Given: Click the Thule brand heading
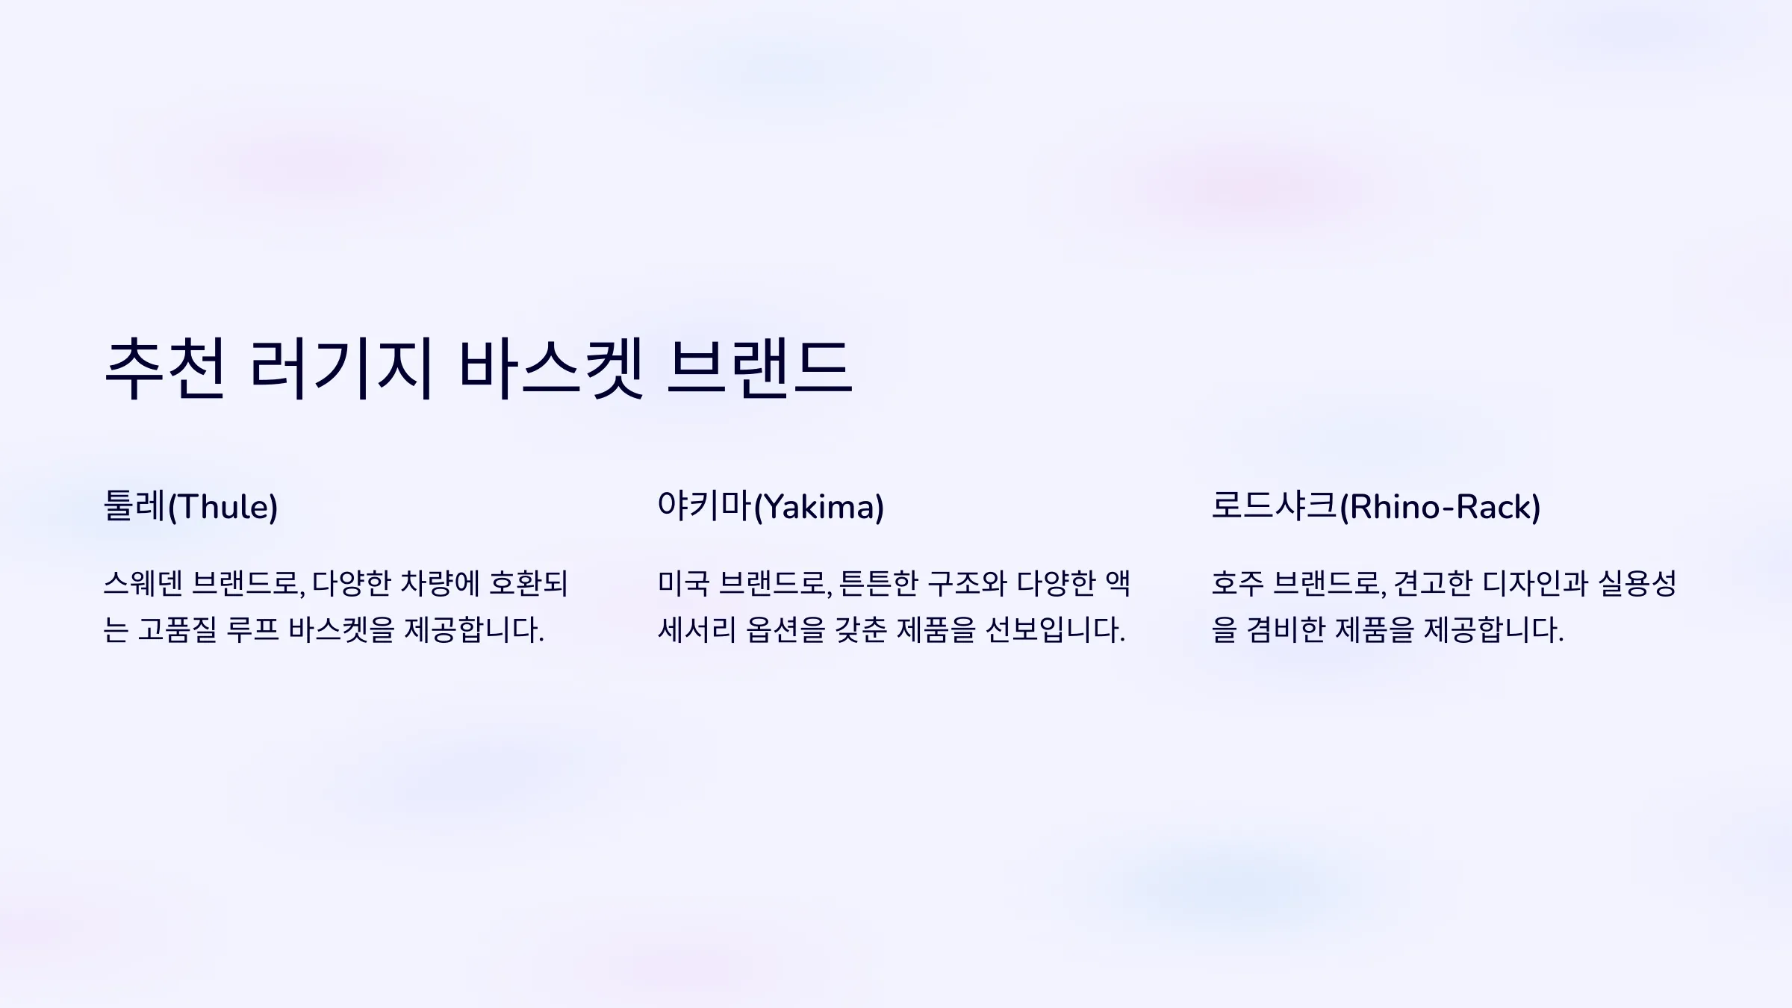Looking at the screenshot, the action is pyautogui.click(x=190, y=506).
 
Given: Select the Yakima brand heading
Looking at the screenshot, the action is pyautogui.click(x=771, y=506).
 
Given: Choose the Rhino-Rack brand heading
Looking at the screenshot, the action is pyautogui.click(x=1376, y=506).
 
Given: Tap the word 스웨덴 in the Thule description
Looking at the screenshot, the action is pyautogui.click(x=142, y=583).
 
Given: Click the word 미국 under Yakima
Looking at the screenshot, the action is pyautogui.click(x=683, y=583).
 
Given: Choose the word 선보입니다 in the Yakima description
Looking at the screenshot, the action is pyautogui.click(x=1055, y=629).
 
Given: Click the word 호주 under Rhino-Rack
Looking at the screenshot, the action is pyautogui.click(x=1237, y=583).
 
